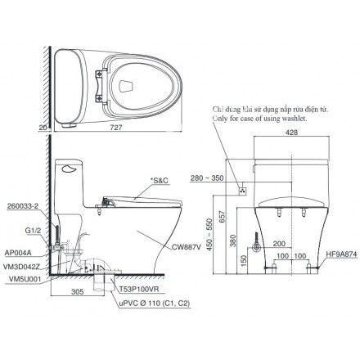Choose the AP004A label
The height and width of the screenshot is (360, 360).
[x=18, y=253]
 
